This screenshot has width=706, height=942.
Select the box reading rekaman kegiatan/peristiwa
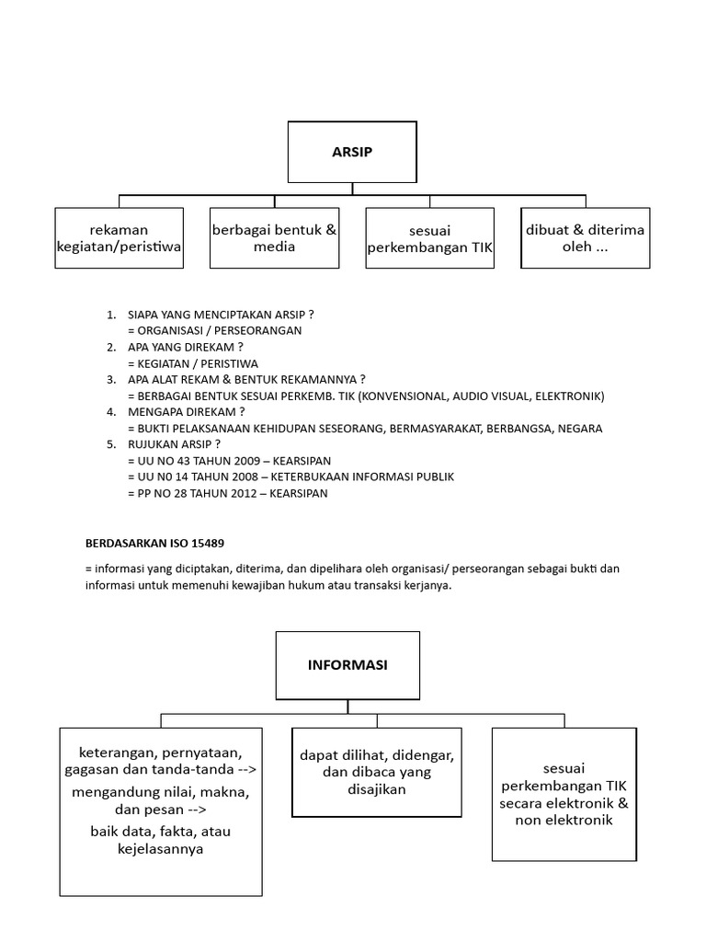tap(119, 238)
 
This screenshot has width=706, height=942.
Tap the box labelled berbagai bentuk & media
tap(274, 238)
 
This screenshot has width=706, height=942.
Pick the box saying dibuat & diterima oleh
tap(585, 238)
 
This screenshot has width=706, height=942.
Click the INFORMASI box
tap(347, 664)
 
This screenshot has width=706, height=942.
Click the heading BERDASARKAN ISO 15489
tap(154, 543)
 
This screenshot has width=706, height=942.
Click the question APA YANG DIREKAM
tap(187, 347)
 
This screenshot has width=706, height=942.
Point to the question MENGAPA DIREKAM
tap(187, 411)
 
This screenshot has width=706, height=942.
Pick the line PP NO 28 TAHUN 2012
tap(228, 493)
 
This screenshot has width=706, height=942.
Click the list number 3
tap(110, 379)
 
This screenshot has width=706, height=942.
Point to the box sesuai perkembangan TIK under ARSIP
tap(429, 238)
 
